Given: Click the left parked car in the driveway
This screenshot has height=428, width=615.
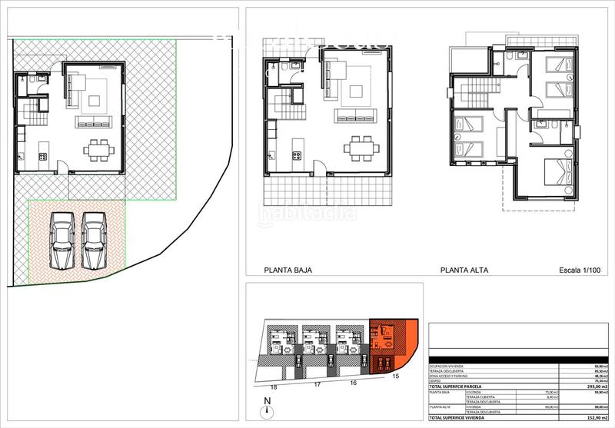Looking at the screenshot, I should point(63,240).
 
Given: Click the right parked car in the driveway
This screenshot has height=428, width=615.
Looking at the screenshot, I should point(93,240).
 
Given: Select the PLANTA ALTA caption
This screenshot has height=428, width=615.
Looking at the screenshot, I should point(464,270).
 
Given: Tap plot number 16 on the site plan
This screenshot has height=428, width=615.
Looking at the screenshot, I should point(354,382).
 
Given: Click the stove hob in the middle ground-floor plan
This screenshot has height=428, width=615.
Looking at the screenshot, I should point(294,158).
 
